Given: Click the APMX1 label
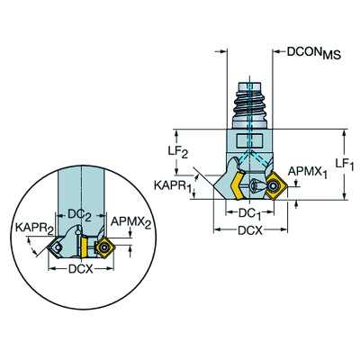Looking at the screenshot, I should [x=308, y=172].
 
